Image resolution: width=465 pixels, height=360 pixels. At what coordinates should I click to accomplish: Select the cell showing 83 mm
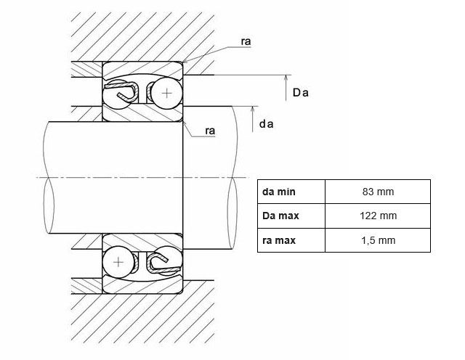378,192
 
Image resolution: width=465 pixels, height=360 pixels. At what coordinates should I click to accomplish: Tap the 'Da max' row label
282,216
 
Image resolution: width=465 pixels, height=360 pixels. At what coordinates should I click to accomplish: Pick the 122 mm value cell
378,216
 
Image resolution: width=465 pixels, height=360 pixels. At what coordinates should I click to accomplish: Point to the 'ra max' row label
280,240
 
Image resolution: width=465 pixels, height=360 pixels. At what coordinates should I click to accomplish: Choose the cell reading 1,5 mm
378,240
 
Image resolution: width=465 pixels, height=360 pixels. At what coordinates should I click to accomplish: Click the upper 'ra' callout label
246,42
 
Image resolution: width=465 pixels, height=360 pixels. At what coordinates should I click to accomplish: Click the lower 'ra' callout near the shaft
211,131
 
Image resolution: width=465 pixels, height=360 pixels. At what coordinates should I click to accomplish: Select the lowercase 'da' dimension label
266,124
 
